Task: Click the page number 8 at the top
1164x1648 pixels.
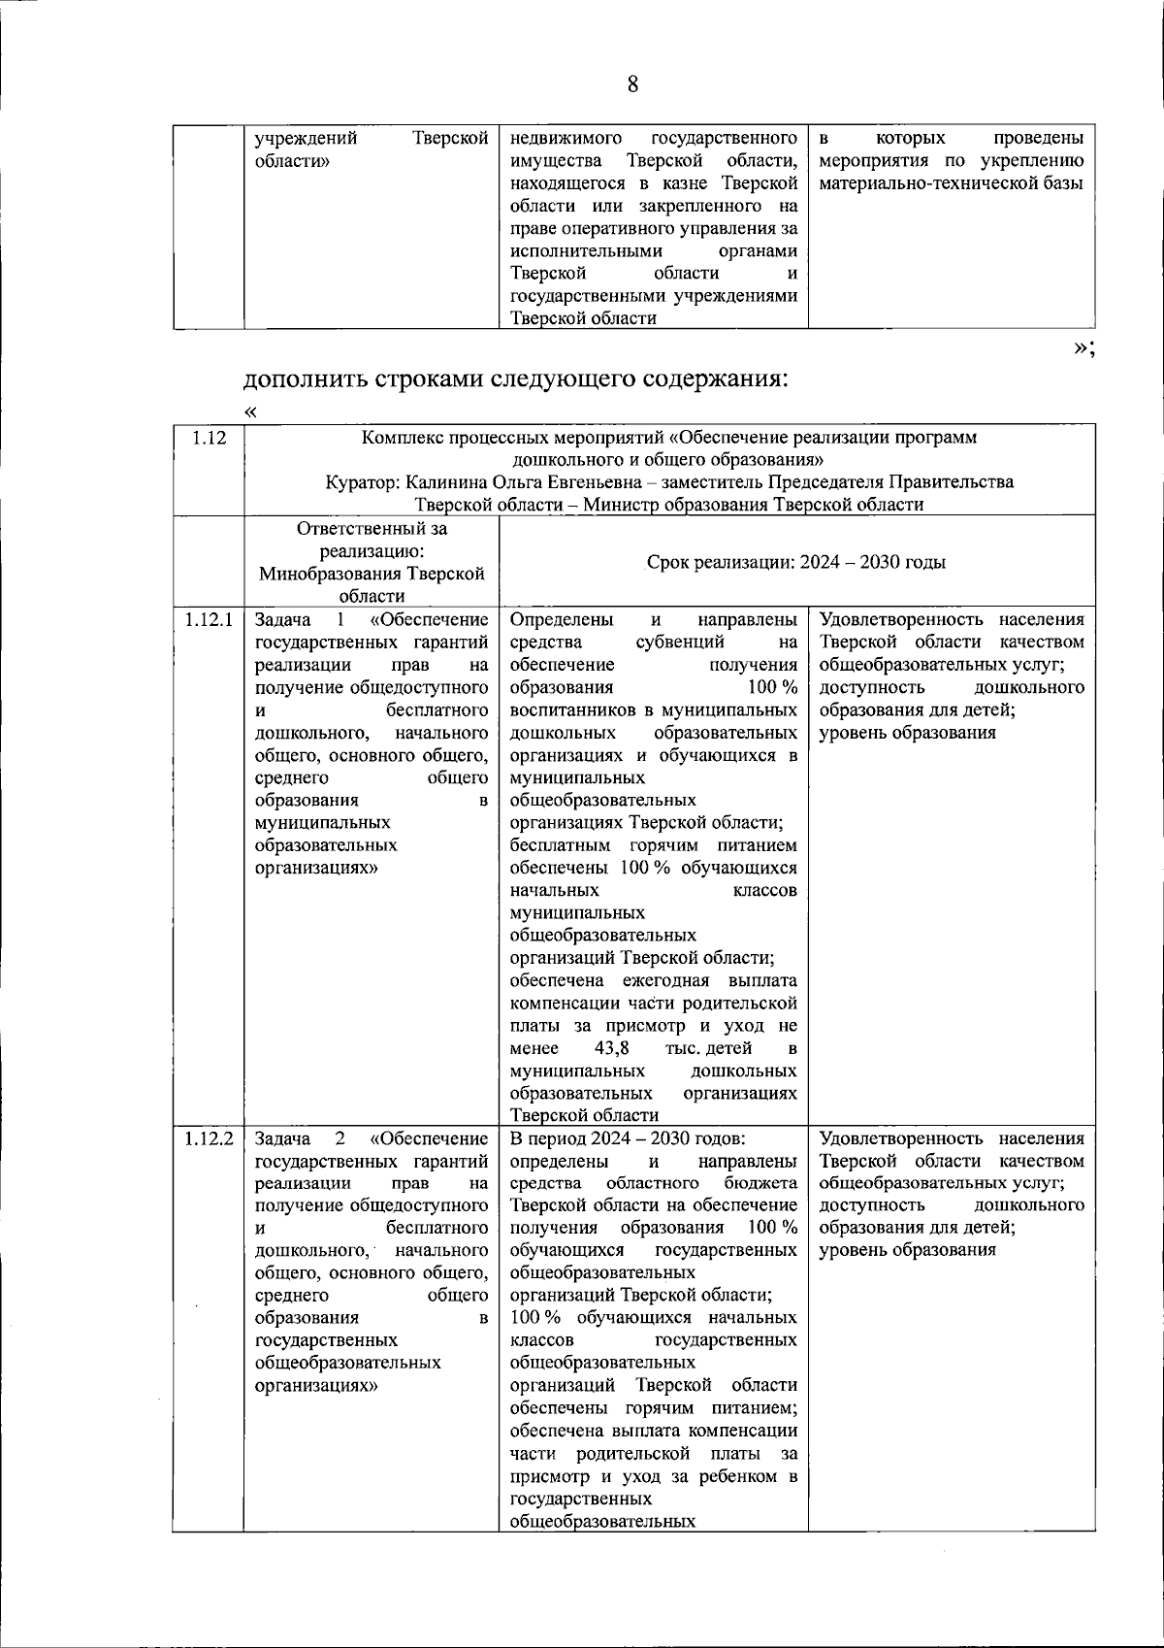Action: click(632, 84)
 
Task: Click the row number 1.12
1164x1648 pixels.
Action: click(209, 438)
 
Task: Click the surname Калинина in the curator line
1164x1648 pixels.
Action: click(451, 482)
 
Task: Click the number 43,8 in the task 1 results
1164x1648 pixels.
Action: click(611, 1048)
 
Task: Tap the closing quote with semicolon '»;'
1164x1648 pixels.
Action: click(1083, 349)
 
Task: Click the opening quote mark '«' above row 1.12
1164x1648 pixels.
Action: click(251, 412)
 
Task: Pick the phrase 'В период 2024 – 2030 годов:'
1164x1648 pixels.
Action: click(627, 1138)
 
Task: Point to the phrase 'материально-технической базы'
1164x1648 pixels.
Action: click(951, 183)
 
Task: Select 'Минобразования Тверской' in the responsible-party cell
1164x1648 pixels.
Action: click(372, 574)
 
